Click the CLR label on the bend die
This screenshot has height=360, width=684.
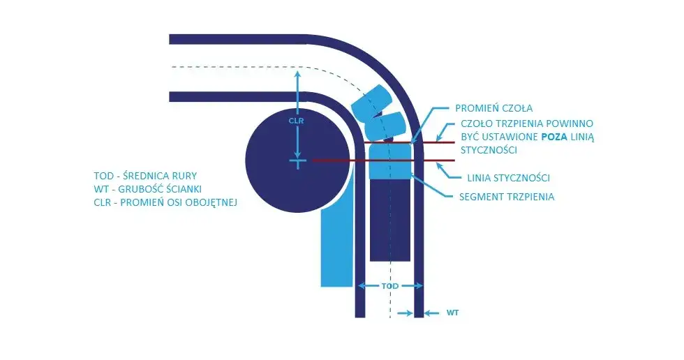296,121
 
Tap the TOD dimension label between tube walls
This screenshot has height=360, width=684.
390,286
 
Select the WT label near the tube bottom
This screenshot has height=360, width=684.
452,313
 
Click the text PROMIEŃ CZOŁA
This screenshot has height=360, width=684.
494,108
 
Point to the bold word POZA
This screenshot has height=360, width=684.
554,137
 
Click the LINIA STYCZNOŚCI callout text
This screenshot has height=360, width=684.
508,178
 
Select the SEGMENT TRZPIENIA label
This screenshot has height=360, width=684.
507,197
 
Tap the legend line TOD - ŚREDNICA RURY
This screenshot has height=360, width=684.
145,176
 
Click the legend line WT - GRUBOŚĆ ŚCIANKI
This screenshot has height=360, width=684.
147,189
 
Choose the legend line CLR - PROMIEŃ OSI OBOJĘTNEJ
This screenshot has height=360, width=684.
165,202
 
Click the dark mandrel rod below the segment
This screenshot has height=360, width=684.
389,220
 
